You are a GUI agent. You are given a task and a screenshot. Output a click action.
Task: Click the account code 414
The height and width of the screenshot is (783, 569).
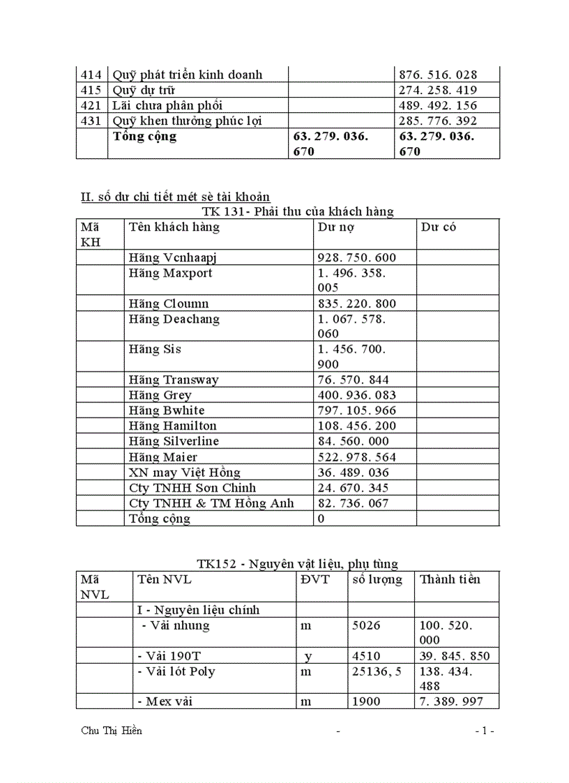click(x=91, y=75)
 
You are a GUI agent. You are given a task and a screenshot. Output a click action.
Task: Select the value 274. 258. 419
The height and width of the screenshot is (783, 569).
click(x=437, y=91)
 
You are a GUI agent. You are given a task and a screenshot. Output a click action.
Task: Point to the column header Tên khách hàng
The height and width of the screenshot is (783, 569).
click(x=174, y=227)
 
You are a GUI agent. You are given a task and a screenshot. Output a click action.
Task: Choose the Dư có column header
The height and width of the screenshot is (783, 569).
click(x=439, y=227)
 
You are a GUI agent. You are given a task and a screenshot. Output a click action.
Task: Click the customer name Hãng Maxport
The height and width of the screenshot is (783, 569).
click(x=170, y=273)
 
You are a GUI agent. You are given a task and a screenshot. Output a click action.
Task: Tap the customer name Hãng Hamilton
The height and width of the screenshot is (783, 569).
click(x=172, y=426)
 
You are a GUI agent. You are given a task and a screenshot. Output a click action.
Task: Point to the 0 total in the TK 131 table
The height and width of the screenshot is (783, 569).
click(x=321, y=519)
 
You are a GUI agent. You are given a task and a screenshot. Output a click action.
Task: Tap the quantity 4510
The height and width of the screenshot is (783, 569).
click(x=366, y=656)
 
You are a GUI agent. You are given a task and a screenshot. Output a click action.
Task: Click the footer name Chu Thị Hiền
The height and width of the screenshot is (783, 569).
click(x=112, y=731)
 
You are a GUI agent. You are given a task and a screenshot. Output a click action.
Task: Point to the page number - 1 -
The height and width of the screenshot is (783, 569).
click(x=484, y=731)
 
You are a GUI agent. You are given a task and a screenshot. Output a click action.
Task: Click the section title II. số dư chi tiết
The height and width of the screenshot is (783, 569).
click(x=176, y=197)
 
